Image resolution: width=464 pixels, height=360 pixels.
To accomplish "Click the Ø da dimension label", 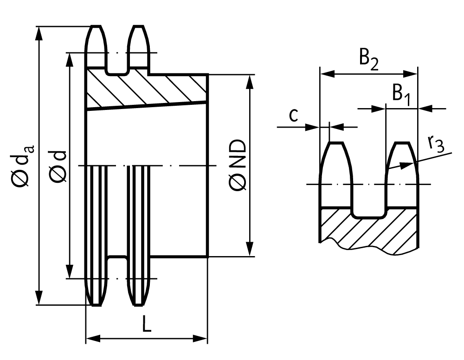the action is click(x=23, y=165).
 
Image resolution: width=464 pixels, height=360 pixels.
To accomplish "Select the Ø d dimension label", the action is click(x=58, y=166).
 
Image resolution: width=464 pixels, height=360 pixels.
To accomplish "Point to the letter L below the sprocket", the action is click(x=147, y=323).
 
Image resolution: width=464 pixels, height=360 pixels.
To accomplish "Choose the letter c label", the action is click(x=293, y=116).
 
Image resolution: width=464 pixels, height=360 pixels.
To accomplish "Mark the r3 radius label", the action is click(x=436, y=144).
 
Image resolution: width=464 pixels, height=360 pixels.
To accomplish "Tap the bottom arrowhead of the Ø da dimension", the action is click(x=39, y=298).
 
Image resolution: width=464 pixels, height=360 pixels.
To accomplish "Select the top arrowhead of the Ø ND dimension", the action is click(x=250, y=81).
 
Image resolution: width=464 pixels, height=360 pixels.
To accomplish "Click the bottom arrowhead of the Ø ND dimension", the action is click(x=250, y=249).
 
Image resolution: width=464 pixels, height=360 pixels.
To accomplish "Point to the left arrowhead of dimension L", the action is click(x=93, y=338).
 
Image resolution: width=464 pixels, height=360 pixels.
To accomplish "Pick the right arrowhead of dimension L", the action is click(x=200, y=338).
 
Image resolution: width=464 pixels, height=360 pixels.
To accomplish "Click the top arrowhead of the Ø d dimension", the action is click(x=70, y=60).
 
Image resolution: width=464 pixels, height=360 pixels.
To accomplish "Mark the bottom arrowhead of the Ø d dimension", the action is click(x=70, y=271).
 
